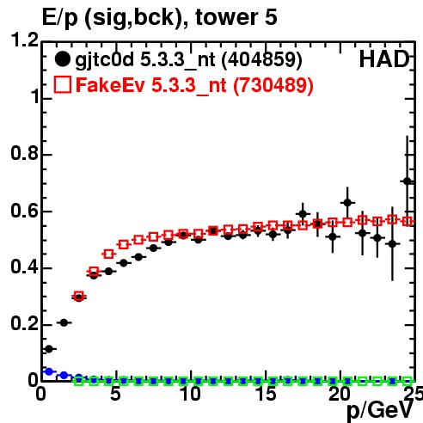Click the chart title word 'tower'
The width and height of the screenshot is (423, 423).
tap(227, 17)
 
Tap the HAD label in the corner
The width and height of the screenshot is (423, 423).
tap(384, 59)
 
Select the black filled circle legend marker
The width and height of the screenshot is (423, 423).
tap(62, 59)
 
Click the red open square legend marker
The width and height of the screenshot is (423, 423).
tap(63, 84)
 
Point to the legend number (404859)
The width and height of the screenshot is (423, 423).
tap(261, 59)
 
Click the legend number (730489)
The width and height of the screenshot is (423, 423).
tap(273, 85)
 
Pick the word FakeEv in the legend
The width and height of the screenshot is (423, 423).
tap(110, 85)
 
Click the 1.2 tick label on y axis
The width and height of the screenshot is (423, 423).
tap(25, 40)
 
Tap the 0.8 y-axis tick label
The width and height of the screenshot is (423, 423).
tap(25, 153)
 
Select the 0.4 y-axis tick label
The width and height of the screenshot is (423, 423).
tap(25, 267)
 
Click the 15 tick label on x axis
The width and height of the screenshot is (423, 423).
tap(267, 394)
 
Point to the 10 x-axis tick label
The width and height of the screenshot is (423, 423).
tap(191, 394)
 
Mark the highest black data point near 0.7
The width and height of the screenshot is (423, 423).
tap(408, 181)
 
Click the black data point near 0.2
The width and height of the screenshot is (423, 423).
tap(64, 322)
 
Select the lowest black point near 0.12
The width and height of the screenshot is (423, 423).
tap(49, 349)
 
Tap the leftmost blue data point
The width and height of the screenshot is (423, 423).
tap(49, 371)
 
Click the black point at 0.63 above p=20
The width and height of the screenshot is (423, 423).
tap(347, 203)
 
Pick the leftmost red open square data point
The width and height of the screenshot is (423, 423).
tap(78, 296)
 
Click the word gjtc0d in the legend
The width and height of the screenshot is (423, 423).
tap(105, 59)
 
